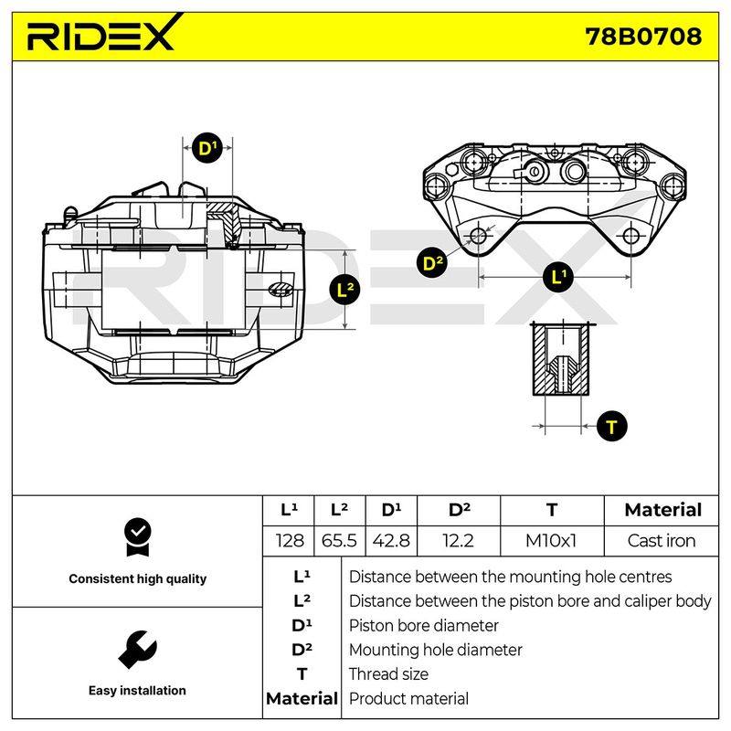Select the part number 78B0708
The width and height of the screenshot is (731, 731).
pos(643,37)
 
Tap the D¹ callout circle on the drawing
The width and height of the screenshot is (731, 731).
pos(207,148)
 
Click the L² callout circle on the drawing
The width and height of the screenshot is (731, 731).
pos(344,290)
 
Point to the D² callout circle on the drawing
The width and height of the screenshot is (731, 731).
pos(432,262)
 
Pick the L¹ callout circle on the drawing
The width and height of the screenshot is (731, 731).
pos(558,277)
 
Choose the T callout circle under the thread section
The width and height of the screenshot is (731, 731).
pos(611,426)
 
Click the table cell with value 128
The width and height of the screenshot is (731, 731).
pos(289,541)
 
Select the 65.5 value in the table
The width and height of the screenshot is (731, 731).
pos(339,541)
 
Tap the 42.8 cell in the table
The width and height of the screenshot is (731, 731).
pos(391,541)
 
